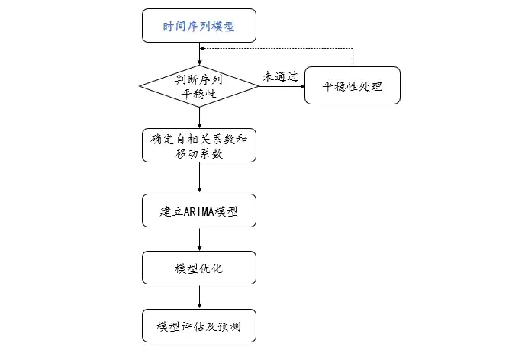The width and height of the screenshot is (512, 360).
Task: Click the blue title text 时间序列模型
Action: pos(199,27)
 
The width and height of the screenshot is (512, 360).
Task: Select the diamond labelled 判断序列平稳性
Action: pos(199,86)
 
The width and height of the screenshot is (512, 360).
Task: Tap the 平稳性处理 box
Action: pos(353,85)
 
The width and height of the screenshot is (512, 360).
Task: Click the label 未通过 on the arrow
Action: pos(281,77)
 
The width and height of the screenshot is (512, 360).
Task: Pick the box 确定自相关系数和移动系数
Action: pos(199,145)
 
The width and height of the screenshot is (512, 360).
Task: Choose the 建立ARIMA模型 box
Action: pos(199,211)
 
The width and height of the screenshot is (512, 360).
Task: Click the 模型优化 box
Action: pos(199,268)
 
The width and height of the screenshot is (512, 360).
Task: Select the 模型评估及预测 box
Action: pos(199,326)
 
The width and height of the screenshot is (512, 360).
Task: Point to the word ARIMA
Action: pos(198,212)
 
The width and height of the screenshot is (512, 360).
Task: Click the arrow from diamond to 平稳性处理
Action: pos(282,86)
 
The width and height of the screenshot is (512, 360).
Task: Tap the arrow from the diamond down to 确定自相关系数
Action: pos(199,117)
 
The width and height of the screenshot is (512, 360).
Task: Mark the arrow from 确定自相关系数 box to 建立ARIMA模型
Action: pos(199,178)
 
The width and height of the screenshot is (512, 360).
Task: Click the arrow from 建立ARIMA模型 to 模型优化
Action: pos(199,239)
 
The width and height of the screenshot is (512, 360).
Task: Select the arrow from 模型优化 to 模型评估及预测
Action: pos(199,297)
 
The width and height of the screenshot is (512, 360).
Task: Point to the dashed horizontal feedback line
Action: pos(276,48)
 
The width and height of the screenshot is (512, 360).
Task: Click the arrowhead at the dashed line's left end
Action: pos(202,48)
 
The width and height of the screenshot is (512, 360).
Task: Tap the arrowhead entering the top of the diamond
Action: pos(199,63)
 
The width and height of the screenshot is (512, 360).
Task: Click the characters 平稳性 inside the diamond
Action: pos(199,94)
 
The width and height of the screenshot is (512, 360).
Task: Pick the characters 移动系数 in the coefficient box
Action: pos(199,153)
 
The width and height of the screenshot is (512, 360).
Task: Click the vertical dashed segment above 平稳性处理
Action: pos(353,57)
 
